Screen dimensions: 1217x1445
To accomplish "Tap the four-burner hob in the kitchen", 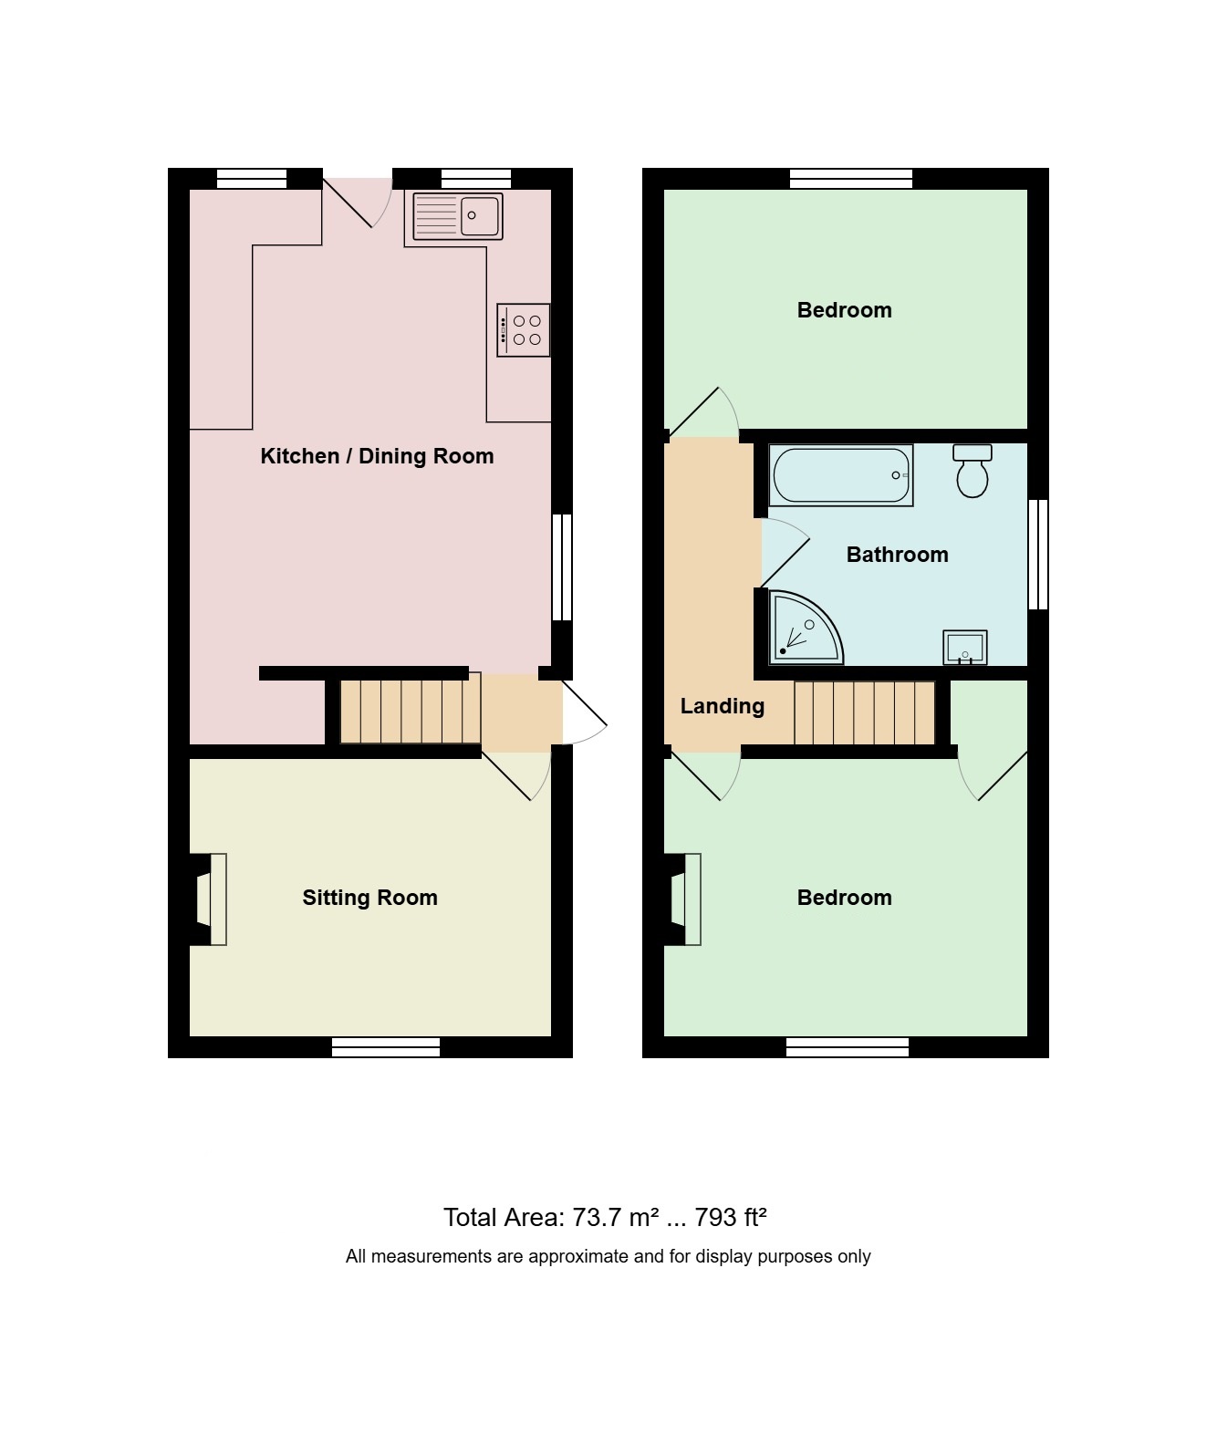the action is (524, 330).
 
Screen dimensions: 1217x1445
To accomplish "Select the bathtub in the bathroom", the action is (840, 474).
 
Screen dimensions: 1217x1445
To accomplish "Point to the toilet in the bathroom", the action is (973, 471).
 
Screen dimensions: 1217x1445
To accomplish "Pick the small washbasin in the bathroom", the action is (965, 648).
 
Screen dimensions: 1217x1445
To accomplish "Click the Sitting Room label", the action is (369, 898).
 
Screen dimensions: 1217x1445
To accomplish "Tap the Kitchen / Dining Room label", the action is (377, 456).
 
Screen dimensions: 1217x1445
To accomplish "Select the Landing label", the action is (722, 706).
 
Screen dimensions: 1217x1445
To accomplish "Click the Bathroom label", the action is (897, 555).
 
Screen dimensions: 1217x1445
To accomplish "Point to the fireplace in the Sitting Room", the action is (208, 899).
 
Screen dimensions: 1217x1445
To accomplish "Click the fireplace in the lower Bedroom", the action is (682, 899).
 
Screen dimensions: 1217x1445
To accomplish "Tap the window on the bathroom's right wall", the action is (1038, 555).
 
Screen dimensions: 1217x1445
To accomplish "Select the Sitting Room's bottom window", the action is (386, 1047).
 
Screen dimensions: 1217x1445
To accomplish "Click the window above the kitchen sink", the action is (476, 179).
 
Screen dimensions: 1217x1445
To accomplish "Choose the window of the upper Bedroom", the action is (851, 179).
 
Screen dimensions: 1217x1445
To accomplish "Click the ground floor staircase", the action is (411, 712).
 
